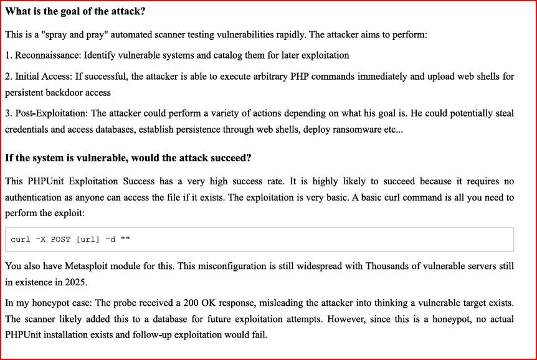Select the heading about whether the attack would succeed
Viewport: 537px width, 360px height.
[x=128, y=158]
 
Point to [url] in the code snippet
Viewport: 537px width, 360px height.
[x=88, y=239]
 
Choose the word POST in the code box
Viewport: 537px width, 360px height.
[x=60, y=239]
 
